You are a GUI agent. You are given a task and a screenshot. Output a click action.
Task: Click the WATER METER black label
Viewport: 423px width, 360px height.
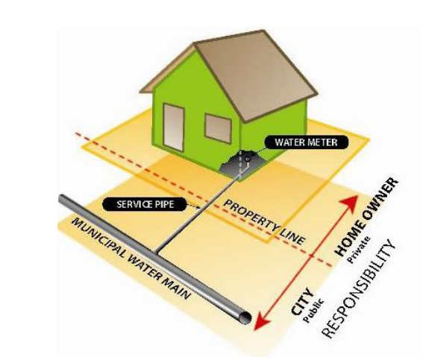coord(306,142)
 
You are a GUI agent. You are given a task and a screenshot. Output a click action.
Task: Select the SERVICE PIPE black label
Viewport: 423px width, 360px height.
coord(145,204)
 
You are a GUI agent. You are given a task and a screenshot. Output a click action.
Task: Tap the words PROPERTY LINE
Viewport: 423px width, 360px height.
coord(265,222)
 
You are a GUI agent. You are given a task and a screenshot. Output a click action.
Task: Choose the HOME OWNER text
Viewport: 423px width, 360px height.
coord(366,216)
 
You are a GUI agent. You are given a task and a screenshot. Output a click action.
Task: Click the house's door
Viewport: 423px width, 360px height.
coord(174,128)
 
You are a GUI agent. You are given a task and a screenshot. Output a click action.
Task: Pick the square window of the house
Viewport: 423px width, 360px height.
coord(219,128)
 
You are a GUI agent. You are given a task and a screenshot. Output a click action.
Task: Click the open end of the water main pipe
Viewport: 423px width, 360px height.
coord(245,318)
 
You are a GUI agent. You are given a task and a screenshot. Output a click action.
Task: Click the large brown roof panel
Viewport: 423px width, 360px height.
coord(256,75)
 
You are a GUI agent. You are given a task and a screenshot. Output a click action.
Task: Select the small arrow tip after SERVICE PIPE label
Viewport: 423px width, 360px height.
coord(198,207)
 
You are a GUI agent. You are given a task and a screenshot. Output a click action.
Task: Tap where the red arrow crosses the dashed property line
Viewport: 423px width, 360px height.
coord(312,255)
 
